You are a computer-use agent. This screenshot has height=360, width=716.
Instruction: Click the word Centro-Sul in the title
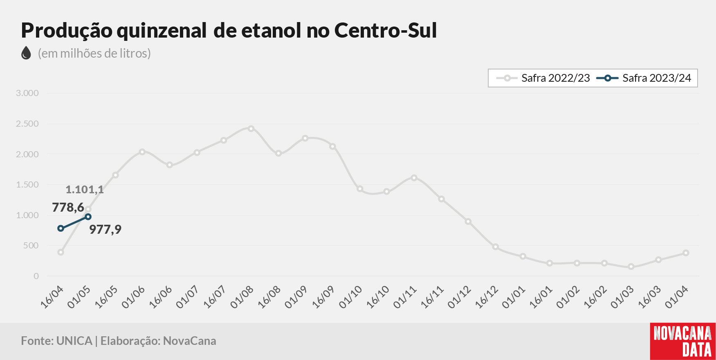point(386,30)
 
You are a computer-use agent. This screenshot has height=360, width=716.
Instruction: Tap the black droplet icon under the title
point(26,53)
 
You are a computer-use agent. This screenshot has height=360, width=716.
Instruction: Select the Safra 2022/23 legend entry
point(543,78)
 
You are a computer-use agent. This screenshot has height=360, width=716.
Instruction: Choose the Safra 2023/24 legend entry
point(644,78)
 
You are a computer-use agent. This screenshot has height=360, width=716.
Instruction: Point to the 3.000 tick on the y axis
point(27,93)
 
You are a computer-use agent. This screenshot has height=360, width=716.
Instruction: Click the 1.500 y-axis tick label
point(27,185)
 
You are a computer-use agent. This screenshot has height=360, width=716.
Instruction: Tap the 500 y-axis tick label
point(31,246)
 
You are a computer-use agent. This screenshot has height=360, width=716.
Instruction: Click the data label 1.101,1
point(85,190)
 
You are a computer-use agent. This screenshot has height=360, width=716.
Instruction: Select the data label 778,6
point(68,208)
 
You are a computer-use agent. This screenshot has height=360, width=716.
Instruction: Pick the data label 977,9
point(105,229)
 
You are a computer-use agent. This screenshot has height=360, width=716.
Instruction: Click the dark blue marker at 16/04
point(61,228)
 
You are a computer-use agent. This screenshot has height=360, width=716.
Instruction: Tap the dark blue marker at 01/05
point(88,217)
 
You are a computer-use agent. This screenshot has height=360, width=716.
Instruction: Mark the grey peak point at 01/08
point(251,129)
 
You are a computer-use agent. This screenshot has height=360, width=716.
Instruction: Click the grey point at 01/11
point(414,178)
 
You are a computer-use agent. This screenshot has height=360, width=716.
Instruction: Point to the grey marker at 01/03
point(631,267)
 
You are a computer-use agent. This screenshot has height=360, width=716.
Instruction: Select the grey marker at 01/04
point(686,253)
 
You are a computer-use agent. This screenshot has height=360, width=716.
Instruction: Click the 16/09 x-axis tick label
point(323,297)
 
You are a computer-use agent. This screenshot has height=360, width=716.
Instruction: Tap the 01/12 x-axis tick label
point(459,297)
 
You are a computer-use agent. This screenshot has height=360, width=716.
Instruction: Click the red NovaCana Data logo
point(683,342)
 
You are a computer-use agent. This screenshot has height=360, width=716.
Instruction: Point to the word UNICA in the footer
point(74,341)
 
